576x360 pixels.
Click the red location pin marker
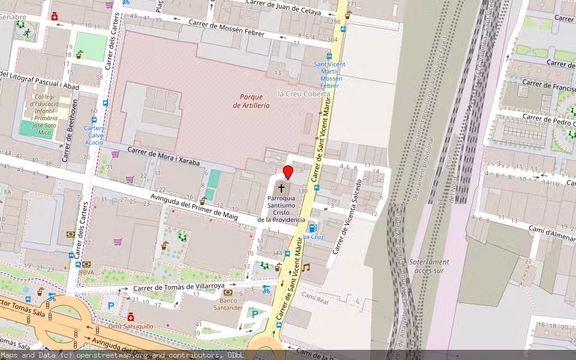click(x=288, y=173)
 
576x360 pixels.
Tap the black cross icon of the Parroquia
click(x=281, y=188)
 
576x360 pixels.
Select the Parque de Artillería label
click(x=251, y=101)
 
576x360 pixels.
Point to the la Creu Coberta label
click(x=304, y=94)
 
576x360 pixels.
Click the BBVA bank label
click(x=87, y=272)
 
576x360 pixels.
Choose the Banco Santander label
click(x=227, y=304)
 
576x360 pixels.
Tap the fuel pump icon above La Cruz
click(x=311, y=227)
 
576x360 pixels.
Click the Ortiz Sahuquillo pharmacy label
click(x=131, y=326)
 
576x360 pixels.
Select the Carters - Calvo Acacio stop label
click(x=94, y=135)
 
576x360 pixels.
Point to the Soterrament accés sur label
click(x=429, y=266)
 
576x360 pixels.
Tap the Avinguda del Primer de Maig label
click(x=194, y=207)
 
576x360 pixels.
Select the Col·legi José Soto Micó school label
click(x=44, y=114)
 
